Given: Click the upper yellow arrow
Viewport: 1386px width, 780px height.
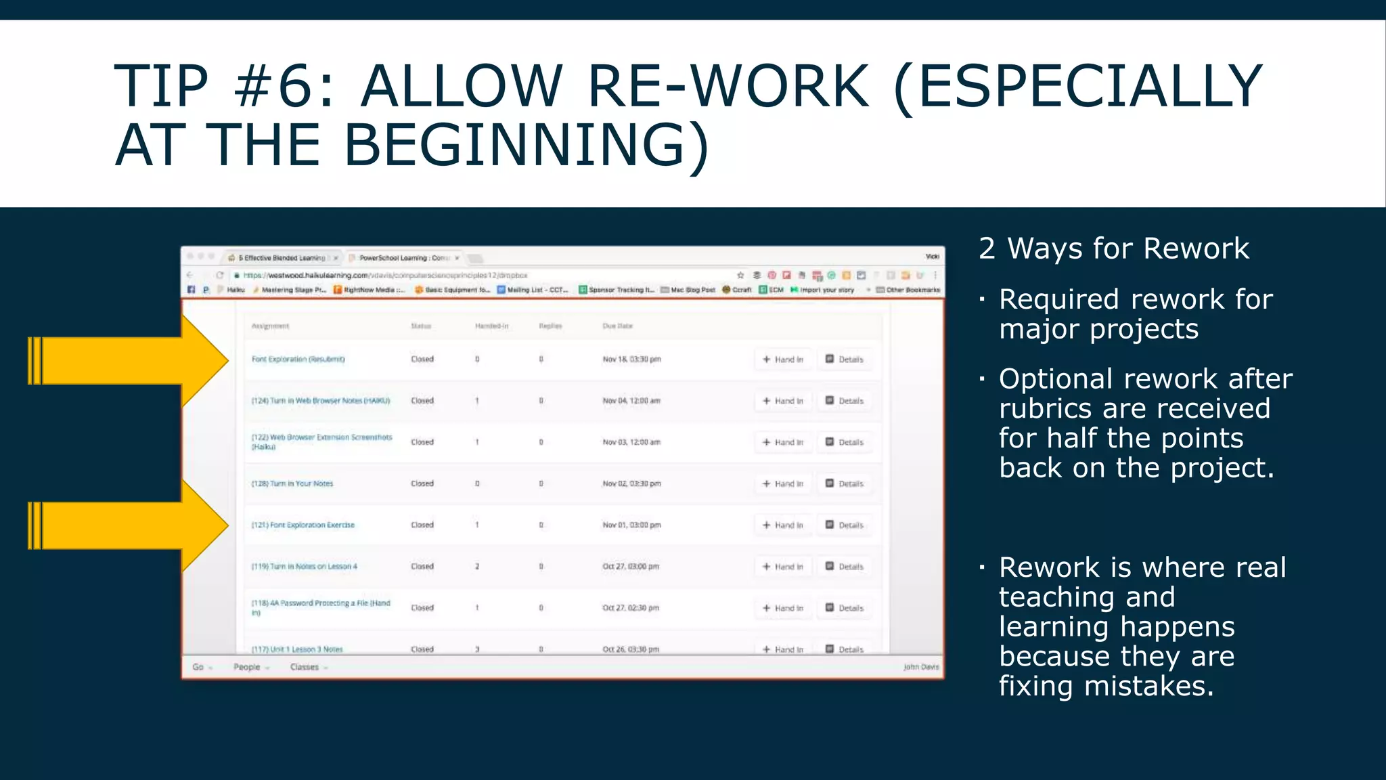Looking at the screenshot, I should pos(129,360).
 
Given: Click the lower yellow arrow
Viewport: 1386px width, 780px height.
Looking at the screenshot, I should pos(129,525).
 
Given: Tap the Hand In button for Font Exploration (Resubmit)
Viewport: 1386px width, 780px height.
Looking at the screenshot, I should pos(783,360).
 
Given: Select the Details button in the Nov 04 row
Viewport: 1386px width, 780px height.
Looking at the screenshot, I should pos(845,401).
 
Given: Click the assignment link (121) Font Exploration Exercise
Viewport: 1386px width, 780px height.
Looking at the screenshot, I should pos(303,525).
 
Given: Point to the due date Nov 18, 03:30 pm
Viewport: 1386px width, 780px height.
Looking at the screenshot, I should pos(631,360).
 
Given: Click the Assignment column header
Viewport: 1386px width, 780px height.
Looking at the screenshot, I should pos(270,326).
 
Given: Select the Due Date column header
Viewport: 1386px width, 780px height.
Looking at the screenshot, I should pos(617,326).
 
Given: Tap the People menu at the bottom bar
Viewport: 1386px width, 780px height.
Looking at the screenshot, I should pos(247,667).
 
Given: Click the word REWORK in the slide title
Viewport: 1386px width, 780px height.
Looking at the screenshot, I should pos(728,87).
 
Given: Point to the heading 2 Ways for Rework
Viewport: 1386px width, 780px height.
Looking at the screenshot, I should pos(1114,248).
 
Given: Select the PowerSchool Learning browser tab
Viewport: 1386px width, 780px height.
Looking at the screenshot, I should pos(404,258).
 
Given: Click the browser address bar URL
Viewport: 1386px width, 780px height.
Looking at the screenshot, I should pos(385,276).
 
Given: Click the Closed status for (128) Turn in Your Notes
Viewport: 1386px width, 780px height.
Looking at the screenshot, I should pos(422,483).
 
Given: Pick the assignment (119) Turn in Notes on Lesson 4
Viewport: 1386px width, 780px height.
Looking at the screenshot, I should pos(305,566).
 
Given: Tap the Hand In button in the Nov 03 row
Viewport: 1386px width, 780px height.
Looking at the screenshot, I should pos(783,442).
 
